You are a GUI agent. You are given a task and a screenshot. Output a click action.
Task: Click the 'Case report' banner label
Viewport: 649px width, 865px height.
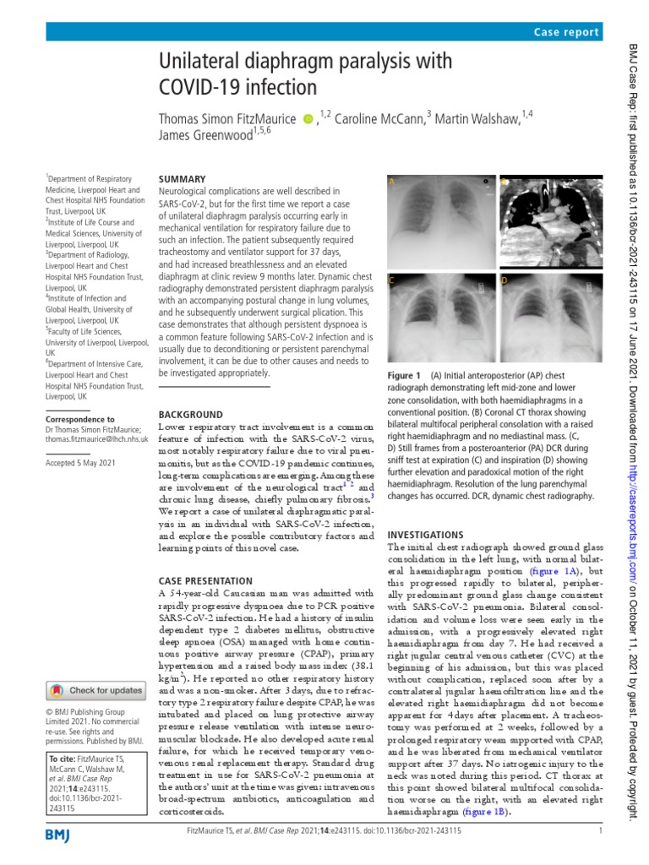click(x=566, y=32)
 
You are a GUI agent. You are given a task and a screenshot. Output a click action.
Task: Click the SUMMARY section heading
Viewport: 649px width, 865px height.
click(x=183, y=179)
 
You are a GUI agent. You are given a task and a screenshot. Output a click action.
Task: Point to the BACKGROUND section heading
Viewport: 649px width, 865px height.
click(x=192, y=415)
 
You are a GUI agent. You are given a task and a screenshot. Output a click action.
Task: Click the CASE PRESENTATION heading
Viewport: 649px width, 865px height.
click(x=205, y=581)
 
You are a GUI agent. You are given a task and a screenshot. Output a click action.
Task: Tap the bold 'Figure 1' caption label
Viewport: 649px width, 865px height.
click(x=403, y=375)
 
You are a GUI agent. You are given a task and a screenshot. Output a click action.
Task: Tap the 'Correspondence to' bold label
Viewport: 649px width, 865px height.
click(x=79, y=419)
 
